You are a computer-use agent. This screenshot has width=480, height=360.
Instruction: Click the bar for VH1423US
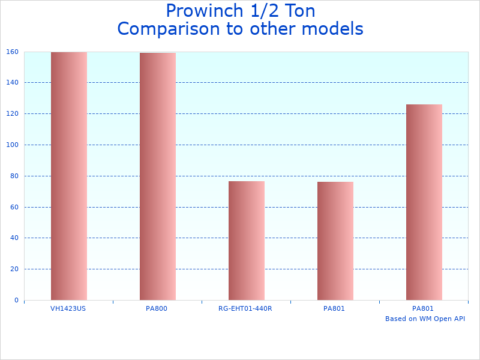[x=68, y=176]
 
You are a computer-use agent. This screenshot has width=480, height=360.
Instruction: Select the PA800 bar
[x=157, y=176]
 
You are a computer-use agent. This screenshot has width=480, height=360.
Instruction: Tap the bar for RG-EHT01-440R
[x=246, y=240]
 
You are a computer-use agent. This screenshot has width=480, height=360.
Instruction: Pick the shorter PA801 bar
[x=335, y=241]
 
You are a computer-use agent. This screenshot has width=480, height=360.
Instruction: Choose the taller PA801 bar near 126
[x=424, y=202]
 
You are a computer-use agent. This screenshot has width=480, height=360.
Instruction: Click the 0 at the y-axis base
[x=16, y=300]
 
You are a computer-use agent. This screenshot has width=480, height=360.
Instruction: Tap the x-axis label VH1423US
[x=68, y=308]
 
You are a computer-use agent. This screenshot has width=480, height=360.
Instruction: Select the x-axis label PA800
[x=157, y=308]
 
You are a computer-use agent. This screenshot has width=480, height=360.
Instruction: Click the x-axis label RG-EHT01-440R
[x=245, y=308]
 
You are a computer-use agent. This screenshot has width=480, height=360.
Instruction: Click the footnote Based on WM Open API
[x=425, y=319]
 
